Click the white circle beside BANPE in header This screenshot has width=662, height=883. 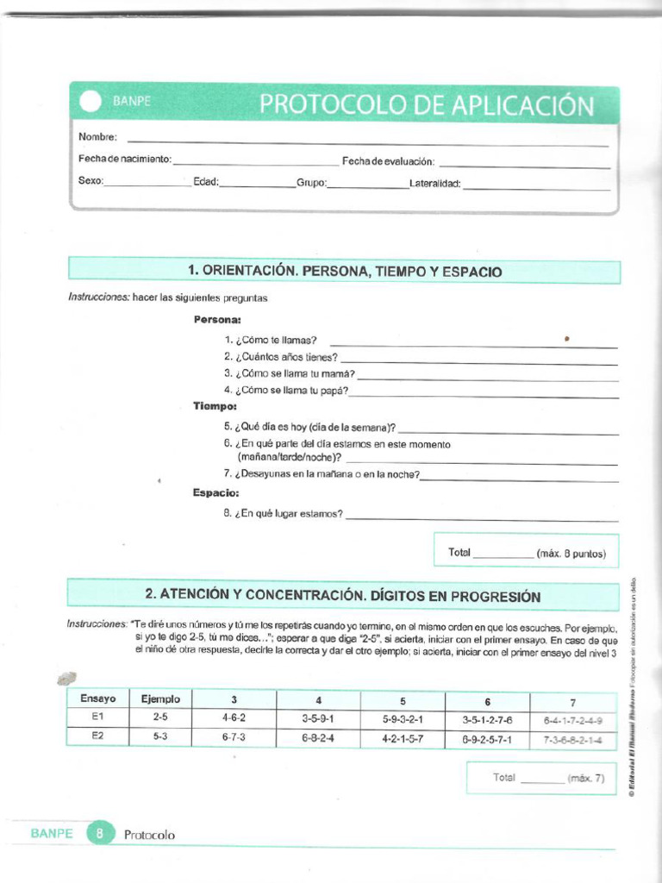click(x=91, y=103)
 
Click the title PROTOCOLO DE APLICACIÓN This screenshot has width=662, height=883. click(x=426, y=105)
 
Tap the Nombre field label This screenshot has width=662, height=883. click(x=97, y=137)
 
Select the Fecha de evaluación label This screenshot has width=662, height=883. click(x=388, y=161)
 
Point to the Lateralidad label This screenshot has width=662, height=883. click(x=435, y=183)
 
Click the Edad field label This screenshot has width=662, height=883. click(x=206, y=182)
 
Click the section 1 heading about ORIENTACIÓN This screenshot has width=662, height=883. click(x=344, y=272)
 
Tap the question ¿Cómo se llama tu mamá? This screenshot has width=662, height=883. click(x=289, y=373)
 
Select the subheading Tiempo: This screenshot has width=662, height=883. click(x=215, y=405)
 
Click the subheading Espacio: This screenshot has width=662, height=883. click(x=215, y=493)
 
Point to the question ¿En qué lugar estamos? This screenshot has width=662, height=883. click(x=283, y=514)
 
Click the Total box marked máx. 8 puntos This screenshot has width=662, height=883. click(x=527, y=553)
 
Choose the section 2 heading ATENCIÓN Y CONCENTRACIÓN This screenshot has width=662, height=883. click(x=342, y=596)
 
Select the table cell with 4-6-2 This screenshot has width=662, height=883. click(x=233, y=717)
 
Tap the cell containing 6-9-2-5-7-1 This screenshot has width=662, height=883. click(x=487, y=739)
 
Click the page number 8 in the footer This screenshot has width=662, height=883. click(x=100, y=834)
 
